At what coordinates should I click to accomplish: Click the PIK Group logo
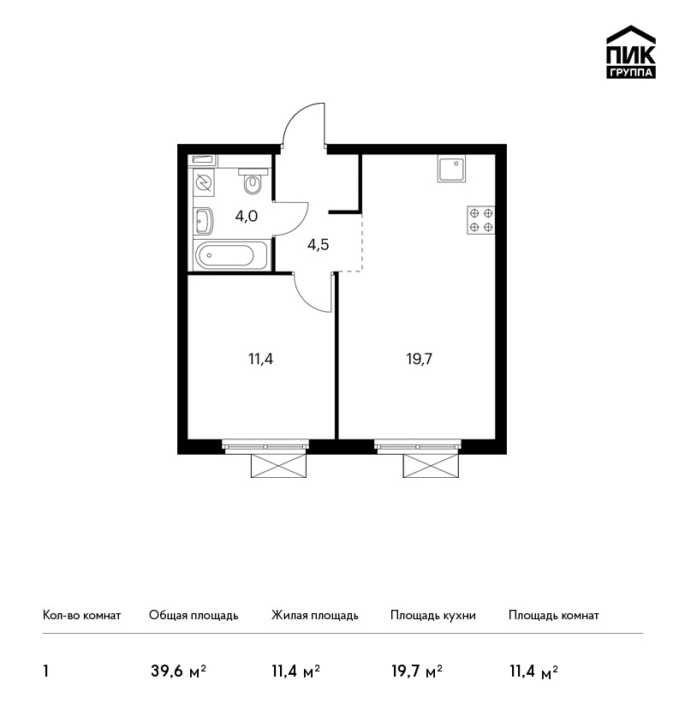[x=631, y=51]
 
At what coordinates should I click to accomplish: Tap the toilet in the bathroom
[x=253, y=182]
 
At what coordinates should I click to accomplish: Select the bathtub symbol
[x=231, y=255]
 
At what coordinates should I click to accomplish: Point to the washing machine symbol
[x=204, y=182]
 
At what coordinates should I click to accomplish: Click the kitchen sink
[x=451, y=169]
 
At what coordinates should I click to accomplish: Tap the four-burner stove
[x=481, y=220]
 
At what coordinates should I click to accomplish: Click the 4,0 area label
[x=247, y=217]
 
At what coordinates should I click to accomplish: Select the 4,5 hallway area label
[x=318, y=244]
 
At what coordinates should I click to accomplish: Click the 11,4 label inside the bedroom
[x=261, y=359]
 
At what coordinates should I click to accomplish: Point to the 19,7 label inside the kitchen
[x=420, y=359]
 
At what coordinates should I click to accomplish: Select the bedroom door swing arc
[x=307, y=298]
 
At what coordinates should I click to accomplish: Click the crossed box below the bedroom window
[x=279, y=466]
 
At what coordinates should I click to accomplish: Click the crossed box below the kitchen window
[x=432, y=466]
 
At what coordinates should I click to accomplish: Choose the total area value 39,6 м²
[x=178, y=671]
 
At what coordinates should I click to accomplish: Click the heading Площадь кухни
[x=433, y=615]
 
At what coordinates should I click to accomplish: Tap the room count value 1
[x=46, y=671]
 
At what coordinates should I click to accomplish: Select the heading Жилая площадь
[x=314, y=615]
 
